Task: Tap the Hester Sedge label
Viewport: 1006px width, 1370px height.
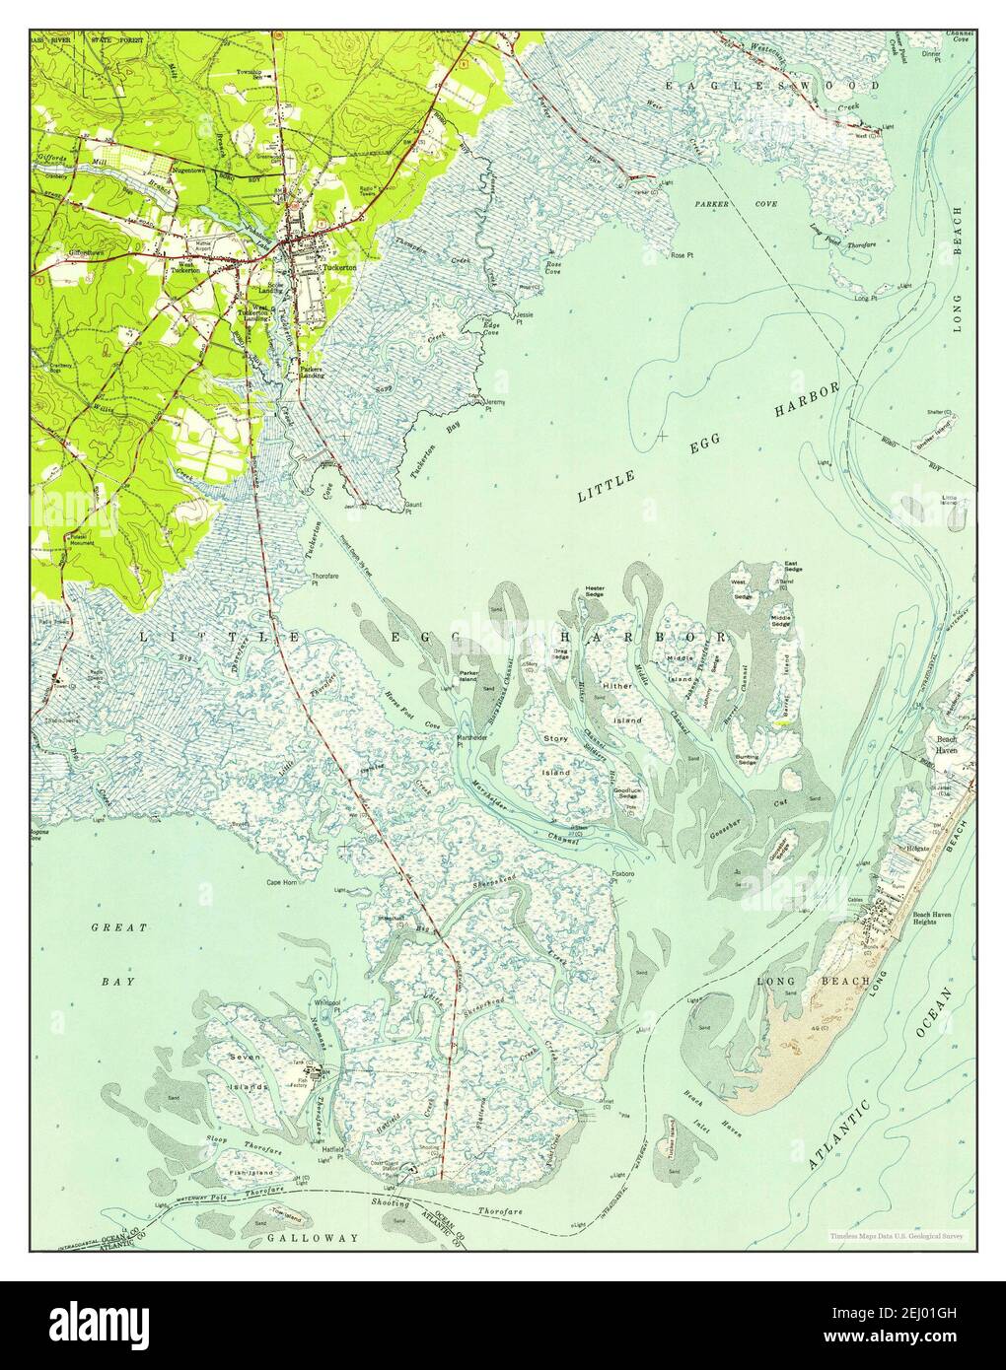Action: (x=595, y=591)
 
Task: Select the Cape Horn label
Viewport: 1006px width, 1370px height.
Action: (x=281, y=883)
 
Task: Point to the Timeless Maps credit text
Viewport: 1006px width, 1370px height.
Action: (x=896, y=1235)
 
